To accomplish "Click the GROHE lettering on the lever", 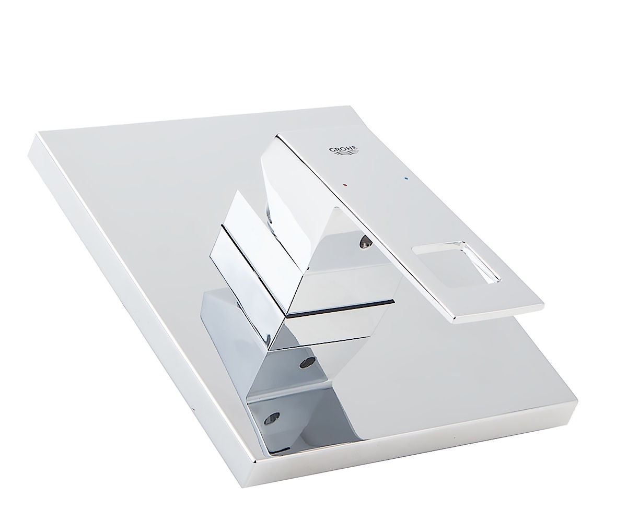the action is click(343, 148).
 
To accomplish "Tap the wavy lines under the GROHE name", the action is click(345, 154).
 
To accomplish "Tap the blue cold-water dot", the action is click(407, 179).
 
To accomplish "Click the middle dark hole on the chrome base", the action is click(308, 363).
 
